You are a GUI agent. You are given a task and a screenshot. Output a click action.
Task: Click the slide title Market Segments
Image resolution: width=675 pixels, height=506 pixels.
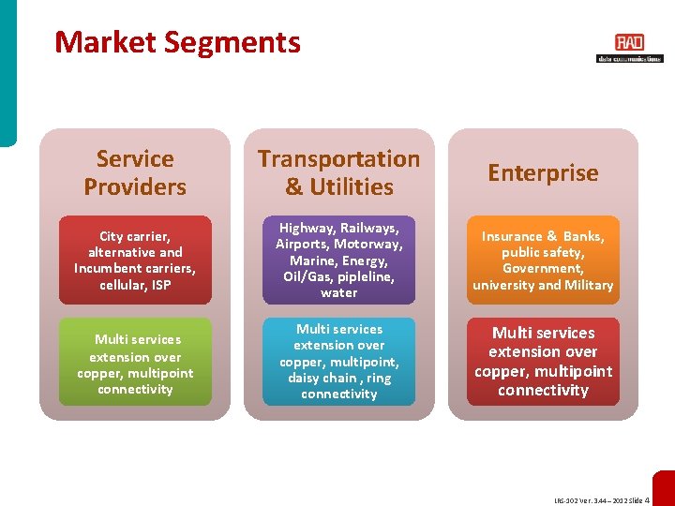click(177, 42)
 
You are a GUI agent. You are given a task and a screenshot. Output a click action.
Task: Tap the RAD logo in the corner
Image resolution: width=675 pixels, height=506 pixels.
click(629, 47)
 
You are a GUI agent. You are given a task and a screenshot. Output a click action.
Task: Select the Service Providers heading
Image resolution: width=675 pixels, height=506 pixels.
click(135, 172)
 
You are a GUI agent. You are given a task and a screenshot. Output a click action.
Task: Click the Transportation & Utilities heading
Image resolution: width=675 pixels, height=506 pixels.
click(338, 172)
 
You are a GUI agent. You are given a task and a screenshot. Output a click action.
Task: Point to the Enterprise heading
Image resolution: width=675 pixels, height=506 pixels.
click(543, 172)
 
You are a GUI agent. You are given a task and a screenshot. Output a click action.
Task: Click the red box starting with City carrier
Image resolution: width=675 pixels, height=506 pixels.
click(135, 260)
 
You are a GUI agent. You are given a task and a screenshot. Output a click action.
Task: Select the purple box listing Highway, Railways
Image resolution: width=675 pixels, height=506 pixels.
click(338, 260)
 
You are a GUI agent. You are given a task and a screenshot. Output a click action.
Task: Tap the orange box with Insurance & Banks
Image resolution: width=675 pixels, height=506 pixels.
click(543, 260)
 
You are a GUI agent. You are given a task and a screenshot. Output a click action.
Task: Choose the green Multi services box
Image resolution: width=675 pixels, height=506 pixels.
click(135, 364)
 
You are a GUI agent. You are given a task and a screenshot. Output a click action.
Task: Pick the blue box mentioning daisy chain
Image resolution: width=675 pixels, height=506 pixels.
click(338, 362)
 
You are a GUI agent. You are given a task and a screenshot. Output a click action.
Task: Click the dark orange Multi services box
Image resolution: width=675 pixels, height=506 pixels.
click(543, 362)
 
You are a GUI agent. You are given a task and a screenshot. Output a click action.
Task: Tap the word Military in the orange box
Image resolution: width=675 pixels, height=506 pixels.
click(589, 285)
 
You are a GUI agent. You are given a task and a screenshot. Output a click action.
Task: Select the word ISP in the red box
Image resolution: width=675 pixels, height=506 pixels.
click(160, 285)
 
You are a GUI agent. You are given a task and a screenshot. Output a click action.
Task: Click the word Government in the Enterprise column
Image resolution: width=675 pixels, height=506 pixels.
click(543, 269)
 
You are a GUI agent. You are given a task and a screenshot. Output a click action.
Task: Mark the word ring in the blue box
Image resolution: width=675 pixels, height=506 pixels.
click(380, 378)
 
